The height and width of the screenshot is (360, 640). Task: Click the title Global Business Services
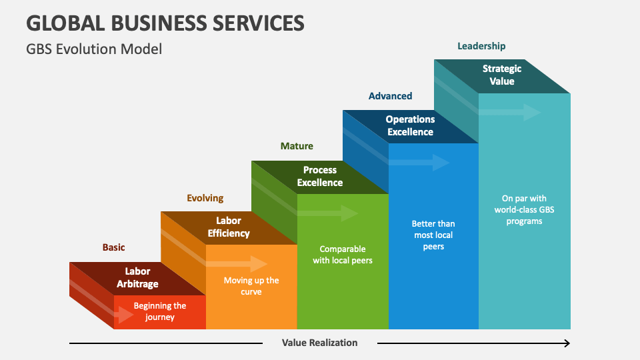point(165,23)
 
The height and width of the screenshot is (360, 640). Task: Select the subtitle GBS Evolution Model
point(94,49)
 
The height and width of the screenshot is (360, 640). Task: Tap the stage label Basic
point(113,247)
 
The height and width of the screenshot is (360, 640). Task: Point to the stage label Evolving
point(205,198)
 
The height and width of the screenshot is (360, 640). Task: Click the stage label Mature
point(297,146)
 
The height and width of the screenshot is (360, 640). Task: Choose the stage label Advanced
point(390,96)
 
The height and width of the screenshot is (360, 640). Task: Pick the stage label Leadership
point(481,46)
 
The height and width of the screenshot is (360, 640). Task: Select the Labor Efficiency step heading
point(229,227)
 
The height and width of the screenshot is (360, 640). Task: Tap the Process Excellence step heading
point(320,176)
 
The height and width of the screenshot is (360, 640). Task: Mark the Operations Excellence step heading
point(410,125)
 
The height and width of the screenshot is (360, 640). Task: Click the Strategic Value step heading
point(502,75)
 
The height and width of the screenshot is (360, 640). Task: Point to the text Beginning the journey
point(160,311)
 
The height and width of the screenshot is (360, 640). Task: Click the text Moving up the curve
point(251,286)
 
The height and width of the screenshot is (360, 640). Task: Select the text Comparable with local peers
point(343,255)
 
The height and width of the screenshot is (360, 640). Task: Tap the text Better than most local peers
point(433,235)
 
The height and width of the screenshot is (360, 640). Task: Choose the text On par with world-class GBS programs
point(523,209)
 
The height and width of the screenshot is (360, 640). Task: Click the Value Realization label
point(319,343)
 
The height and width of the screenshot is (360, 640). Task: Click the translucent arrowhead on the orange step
point(260,263)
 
